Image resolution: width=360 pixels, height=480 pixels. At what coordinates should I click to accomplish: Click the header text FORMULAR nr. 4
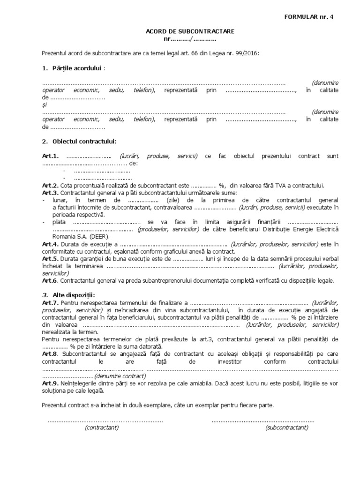310,17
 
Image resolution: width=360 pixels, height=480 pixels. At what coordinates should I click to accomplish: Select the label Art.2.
49,186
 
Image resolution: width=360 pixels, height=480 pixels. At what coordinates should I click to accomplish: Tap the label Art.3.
49,193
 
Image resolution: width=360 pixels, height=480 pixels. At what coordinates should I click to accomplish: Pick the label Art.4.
49,244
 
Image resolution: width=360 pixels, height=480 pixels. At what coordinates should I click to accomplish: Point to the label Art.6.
49,280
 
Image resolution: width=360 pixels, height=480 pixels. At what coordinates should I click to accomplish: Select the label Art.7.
49,302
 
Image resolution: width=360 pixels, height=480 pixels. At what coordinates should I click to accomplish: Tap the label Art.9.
49,383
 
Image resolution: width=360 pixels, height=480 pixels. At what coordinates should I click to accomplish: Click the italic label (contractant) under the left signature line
102,427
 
